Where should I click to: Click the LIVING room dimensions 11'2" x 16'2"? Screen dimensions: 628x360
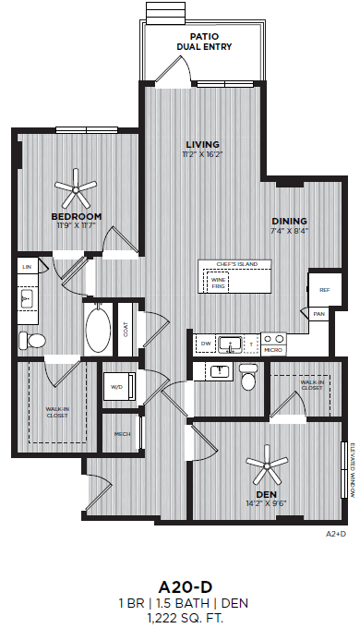pos(202,155)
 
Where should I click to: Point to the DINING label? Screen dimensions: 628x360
pos(289,221)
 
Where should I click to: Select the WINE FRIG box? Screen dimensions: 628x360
pos(219,283)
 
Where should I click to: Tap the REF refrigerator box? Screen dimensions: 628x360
pos(324,290)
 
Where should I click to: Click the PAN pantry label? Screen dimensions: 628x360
pos(318,314)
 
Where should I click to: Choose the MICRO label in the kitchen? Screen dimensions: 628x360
pos(272,351)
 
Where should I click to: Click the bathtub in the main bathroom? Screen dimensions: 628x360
pos(97,328)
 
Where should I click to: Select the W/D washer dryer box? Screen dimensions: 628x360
pos(117,387)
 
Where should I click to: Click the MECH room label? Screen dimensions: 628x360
pos(121,432)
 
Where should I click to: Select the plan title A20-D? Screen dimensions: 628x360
pos(180,561)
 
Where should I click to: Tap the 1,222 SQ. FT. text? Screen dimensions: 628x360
pos(180,592)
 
